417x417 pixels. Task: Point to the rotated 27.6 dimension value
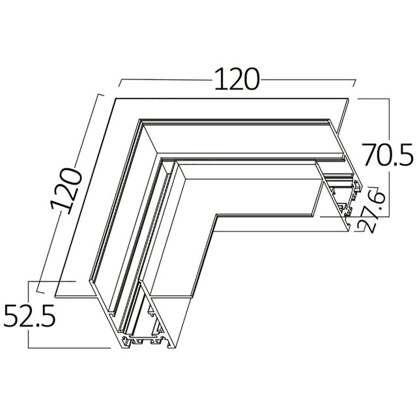[369, 210]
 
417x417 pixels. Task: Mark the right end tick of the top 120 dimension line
[356, 85]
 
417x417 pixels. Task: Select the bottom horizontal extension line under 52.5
[65, 347]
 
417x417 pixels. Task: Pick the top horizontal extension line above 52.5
[52, 281]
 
